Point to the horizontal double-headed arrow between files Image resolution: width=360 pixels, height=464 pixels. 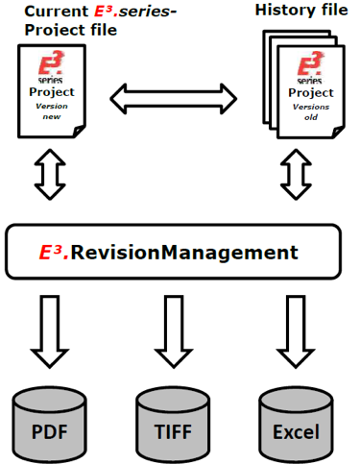(174, 95)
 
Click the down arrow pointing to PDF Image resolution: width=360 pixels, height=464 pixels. (49, 331)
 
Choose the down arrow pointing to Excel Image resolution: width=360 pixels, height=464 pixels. (296, 331)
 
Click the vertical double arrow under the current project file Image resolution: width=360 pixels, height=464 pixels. (49, 175)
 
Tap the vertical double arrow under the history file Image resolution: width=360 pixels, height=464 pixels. (296, 175)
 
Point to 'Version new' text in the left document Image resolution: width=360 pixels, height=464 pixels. (52, 110)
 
